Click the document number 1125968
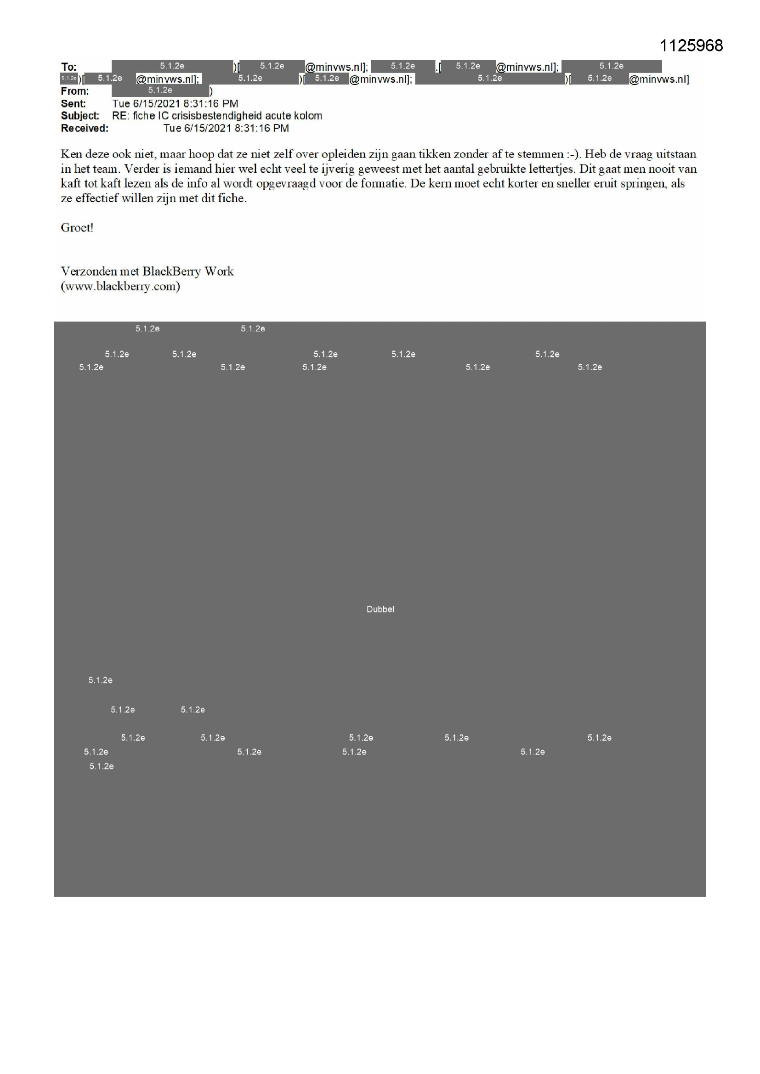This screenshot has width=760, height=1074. click(691, 45)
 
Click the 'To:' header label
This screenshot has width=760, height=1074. click(68, 67)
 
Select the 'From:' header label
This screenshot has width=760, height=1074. click(74, 91)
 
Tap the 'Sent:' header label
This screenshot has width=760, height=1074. click(73, 103)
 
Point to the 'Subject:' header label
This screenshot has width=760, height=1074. click(79, 116)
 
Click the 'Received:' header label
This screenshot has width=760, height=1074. click(84, 128)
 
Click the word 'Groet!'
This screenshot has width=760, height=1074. click(77, 227)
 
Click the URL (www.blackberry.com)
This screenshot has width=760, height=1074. click(120, 286)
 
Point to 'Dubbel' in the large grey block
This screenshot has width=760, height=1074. click(380, 609)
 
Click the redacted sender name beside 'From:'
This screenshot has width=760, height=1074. click(160, 90)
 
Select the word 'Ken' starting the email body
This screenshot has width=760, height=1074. click(70, 154)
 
